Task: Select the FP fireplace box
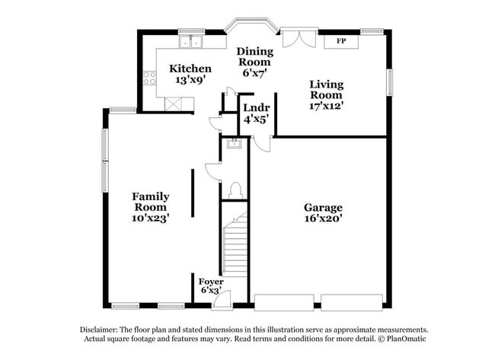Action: point(341,40)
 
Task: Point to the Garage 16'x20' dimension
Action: point(324,218)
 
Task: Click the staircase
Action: point(235,244)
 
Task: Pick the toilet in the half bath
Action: point(235,189)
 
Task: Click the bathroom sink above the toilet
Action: point(234,145)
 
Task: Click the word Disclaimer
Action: point(102,330)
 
